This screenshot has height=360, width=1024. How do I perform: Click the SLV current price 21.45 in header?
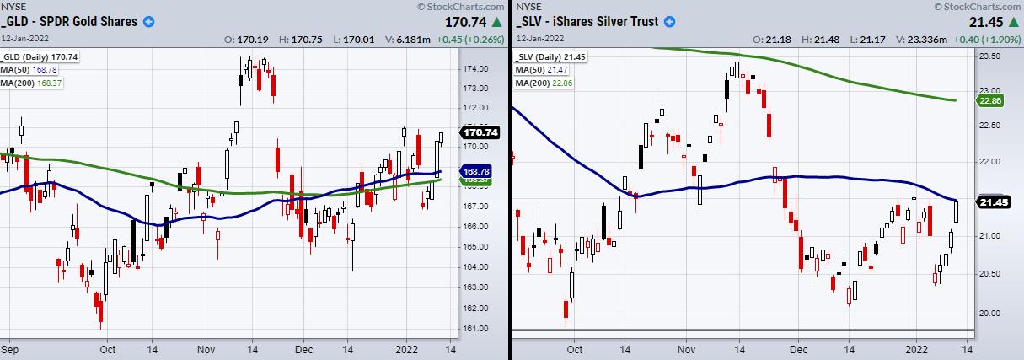970,21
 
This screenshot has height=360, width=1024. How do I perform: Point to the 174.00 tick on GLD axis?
478,68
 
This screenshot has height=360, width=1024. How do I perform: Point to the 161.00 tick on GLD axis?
478,327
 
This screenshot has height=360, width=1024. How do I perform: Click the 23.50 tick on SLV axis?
988,56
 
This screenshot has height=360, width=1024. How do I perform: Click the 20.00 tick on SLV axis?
988,313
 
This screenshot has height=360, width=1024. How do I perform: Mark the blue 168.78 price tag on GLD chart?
479,171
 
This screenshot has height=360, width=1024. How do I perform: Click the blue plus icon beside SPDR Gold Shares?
149,21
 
